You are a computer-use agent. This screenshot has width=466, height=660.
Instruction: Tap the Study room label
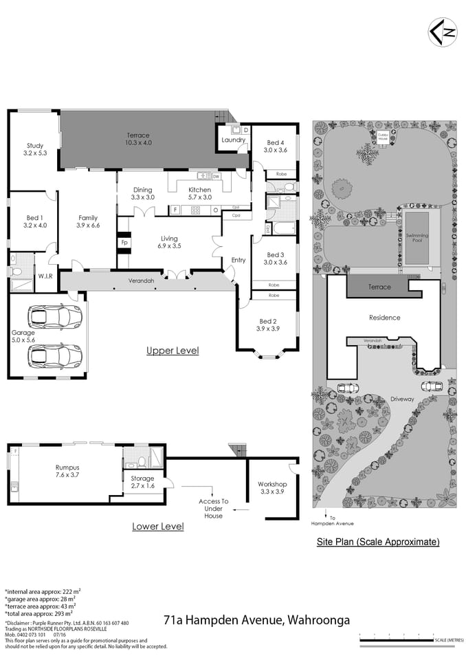tap(35, 149)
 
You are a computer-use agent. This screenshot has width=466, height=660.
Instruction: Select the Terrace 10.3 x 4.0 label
tap(137, 139)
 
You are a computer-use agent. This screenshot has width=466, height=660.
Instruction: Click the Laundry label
tap(234, 140)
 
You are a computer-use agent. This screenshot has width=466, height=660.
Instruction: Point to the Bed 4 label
tap(276, 146)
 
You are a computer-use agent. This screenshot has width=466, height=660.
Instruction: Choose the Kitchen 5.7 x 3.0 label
tap(200, 193)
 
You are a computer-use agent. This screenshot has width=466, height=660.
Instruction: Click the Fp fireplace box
tap(124, 243)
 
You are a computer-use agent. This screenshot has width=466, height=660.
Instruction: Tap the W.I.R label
tap(46, 276)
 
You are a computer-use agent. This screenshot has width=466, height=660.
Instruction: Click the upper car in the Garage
tap(54, 317)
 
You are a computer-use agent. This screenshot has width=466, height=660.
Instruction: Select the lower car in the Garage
tap(54, 355)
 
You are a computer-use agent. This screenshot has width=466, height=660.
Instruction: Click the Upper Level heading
tap(173, 351)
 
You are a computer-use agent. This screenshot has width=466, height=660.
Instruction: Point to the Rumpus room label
tap(67, 472)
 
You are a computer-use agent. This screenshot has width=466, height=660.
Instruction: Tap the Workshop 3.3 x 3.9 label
tap(272, 487)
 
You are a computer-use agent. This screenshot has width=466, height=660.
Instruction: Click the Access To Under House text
tap(214, 509)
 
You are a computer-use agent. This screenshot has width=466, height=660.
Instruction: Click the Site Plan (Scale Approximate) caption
tap(377, 542)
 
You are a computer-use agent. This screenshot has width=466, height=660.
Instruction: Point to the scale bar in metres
tap(410, 640)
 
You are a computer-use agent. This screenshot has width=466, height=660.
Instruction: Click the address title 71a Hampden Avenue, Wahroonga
tap(256, 620)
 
